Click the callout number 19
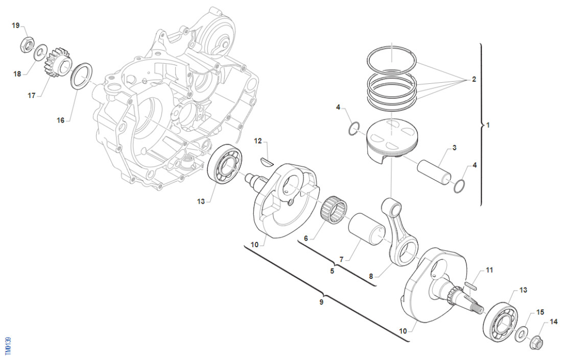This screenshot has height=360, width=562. pos(16,25)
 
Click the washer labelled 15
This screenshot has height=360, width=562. pos(521,334)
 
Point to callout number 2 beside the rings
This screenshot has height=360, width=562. pos(474,80)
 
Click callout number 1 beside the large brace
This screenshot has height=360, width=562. pos(488,125)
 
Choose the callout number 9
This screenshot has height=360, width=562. pos(321,302)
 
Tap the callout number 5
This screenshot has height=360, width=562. pos(332,271)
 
